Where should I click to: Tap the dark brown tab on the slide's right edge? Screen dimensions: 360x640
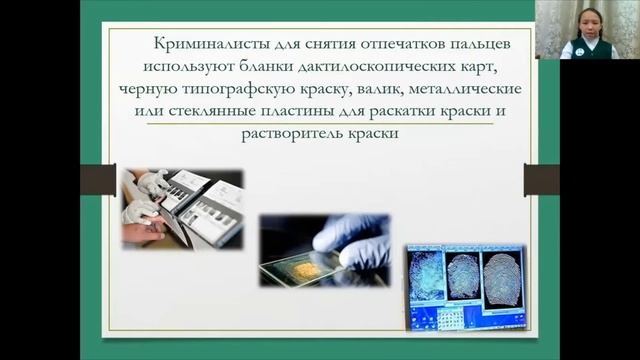pyautogui.click(x=541, y=179)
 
